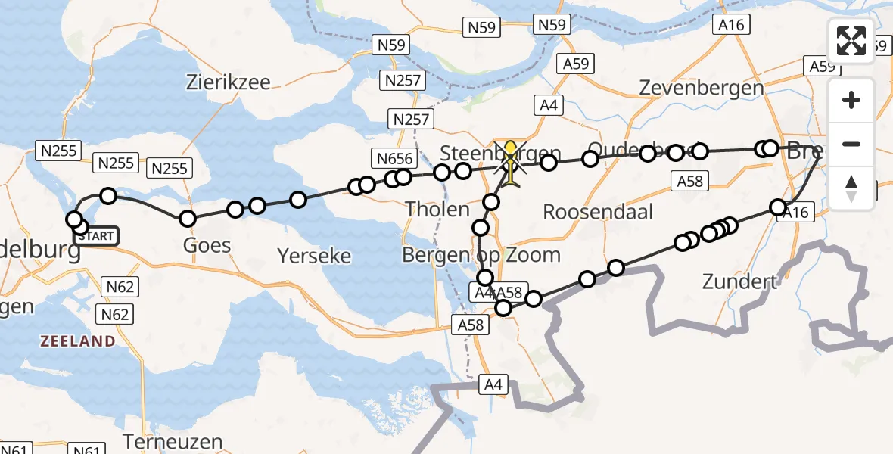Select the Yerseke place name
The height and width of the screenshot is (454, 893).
pyautogui.click(x=314, y=256)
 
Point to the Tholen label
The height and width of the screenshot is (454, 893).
pyautogui.click(x=437, y=208)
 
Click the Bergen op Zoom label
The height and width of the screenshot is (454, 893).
pyautogui.click(x=481, y=255)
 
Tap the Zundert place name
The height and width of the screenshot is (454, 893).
pyautogui.click(x=740, y=282)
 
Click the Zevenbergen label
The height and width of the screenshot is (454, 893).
pyautogui.click(x=701, y=88)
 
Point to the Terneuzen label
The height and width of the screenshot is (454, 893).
pyautogui.click(x=173, y=442)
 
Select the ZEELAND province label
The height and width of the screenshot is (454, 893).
pyautogui.click(x=77, y=341)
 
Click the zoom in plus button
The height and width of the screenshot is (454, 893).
pyautogui.click(x=851, y=100)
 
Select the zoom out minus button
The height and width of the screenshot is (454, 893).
pyautogui.click(x=851, y=144)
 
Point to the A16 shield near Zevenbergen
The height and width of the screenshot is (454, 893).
pyautogui.click(x=732, y=25)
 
